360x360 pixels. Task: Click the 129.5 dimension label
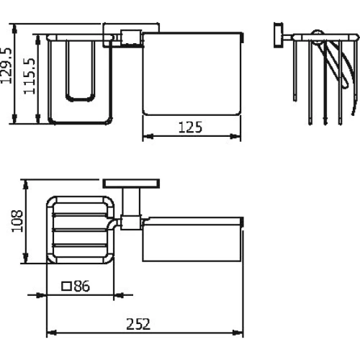pos(6,66)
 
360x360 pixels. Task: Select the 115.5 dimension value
pos(30,76)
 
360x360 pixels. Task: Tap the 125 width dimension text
pos(190,127)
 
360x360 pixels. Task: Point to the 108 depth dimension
pos(17,221)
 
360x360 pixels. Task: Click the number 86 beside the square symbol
pos(82,286)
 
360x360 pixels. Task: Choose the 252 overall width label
pos(138,324)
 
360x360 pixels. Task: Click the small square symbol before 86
pos(66,287)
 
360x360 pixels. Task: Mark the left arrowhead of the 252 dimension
pos(51,333)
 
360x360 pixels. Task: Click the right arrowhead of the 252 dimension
pos(238,333)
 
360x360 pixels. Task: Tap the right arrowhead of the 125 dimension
pos(235,137)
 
